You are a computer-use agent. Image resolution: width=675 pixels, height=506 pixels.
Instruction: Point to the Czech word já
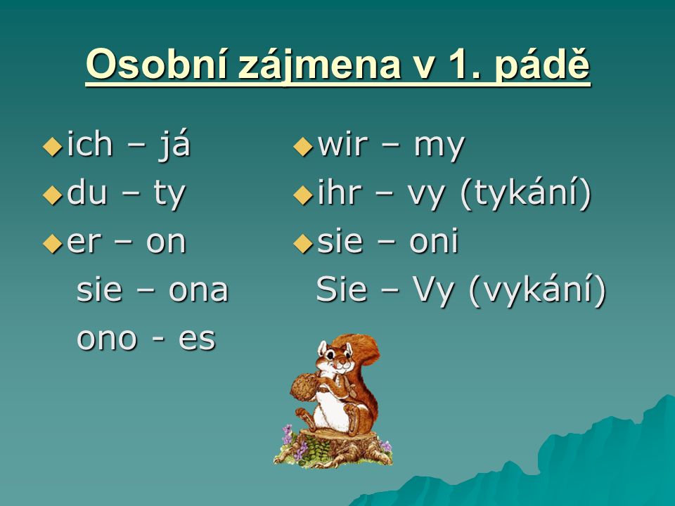[175, 145]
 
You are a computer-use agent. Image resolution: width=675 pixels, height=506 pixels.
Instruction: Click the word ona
[198, 290]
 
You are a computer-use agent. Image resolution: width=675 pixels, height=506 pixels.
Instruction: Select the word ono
[107, 339]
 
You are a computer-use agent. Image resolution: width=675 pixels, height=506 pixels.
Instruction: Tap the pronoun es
[197, 339]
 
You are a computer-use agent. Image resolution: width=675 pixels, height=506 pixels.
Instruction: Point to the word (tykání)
[526, 194]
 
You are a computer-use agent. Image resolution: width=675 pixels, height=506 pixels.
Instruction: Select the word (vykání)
[536, 290]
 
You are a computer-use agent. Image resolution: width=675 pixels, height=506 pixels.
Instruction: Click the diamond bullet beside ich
[53, 146]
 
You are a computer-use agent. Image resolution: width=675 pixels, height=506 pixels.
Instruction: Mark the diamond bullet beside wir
[303, 146]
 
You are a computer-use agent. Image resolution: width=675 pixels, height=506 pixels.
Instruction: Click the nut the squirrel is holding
[305, 387]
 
